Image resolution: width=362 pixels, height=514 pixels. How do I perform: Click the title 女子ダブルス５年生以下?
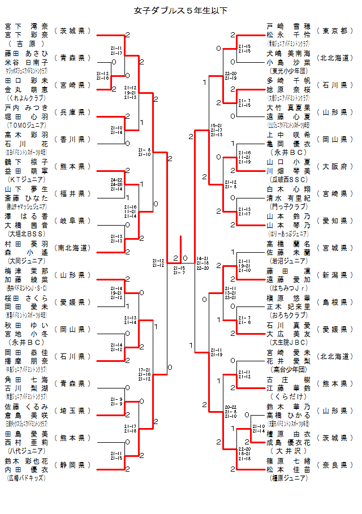coord(181,10)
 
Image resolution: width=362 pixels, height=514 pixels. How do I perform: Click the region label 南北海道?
coord(72,248)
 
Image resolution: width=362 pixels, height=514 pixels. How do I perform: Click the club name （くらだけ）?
coord(289,396)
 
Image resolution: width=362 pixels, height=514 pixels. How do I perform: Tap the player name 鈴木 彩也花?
coord(26,461)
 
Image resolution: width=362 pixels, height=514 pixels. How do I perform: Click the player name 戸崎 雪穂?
coord(289,27)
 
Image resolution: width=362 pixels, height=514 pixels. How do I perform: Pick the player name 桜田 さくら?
coord(26,298)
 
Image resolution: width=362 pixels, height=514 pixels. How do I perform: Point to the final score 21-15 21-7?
coord(179,270)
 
